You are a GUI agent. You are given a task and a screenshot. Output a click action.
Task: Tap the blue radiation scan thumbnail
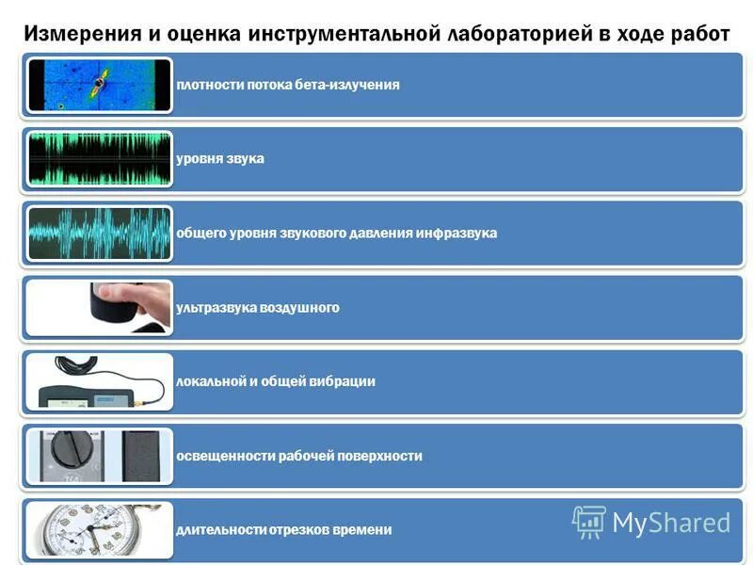(x=99, y=85)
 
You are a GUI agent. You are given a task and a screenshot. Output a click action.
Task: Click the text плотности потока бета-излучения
(x=288, y=85)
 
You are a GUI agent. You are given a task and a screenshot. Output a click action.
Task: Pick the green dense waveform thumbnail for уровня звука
(x=99, y=158)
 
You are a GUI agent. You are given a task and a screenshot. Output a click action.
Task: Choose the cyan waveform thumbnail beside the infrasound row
(x=99, y=233)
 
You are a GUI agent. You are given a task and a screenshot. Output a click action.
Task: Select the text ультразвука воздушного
(x=258, y=307)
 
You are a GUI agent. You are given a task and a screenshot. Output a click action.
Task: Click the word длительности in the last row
(x=219, y=530)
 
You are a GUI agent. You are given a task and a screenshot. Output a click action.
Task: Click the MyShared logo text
(x=671, y=522)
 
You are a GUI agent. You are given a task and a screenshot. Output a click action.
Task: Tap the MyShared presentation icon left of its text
(x=588, y=522)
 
